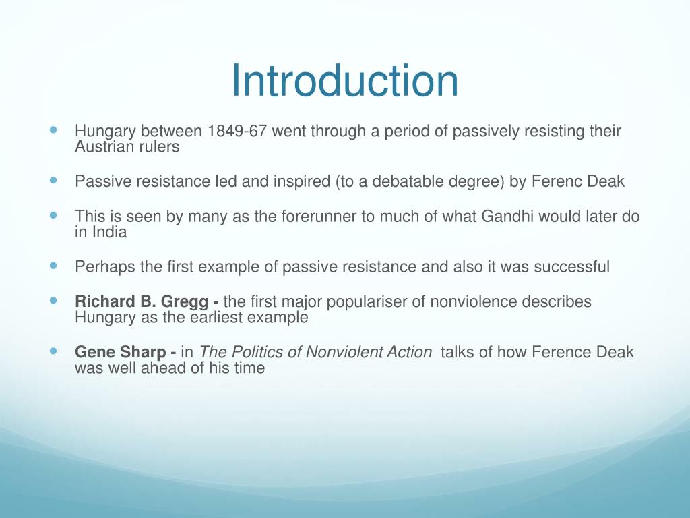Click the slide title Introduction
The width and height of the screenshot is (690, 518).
pos(344,81)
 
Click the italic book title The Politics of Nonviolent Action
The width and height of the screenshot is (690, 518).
pos(316,352)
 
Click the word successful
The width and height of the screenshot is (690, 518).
pos(571,267)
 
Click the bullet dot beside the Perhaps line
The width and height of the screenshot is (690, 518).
pos(54,266)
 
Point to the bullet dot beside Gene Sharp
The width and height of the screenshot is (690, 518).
pos(54,351)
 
